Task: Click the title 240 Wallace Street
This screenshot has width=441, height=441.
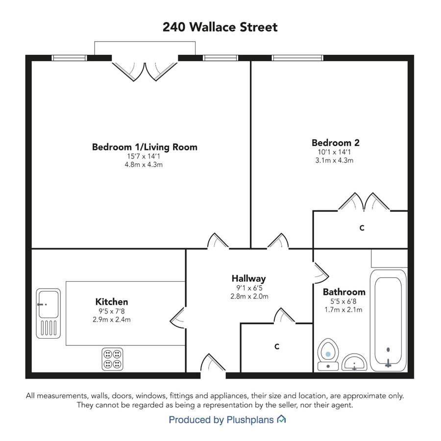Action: pyautogui.click(x=220, y=27)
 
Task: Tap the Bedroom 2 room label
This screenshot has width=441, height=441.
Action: pyautogui.click(x=335, y=143)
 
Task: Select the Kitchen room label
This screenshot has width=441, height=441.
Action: pyautogui.click(x=112, y=302)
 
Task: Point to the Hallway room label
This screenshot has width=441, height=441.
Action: pyautogui.click(x=248, y=278)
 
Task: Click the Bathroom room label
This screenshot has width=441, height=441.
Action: pyautogui.click(x=344, y=292)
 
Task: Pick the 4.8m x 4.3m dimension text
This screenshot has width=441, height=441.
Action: pyautogui.click(x=144, y=165)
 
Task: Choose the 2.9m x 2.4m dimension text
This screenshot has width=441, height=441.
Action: pyautogui.click(x=112, y=319)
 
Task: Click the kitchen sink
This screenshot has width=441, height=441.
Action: pyautogui.click(x=49, y=313)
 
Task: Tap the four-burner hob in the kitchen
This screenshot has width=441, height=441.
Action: pyautogui.click(x=113, y=359)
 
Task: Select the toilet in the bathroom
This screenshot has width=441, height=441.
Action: pyautogui.click(x=328, y=354)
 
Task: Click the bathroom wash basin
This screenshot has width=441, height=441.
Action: pyautogui.click(x=354, y=363)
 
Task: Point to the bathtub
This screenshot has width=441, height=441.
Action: pyautogui.click(x=388, y=320)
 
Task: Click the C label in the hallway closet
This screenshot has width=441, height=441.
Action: pyautogui.click(x=277, y=346)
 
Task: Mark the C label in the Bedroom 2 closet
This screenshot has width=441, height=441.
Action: pyautogui.click(x=362, y=228)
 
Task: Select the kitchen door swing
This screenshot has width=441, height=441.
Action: pyautogui.click(x=177, y=318)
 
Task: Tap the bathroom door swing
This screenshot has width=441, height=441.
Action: pyautogui.click(x=320, y=273)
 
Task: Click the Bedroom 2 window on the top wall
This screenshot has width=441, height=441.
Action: pyautogui.click(x=297, y=58)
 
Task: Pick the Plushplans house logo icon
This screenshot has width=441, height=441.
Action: pyautogui.click(x=282, y=419)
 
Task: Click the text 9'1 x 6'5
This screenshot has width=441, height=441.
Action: pyautogui.click(x=249, y=288)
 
